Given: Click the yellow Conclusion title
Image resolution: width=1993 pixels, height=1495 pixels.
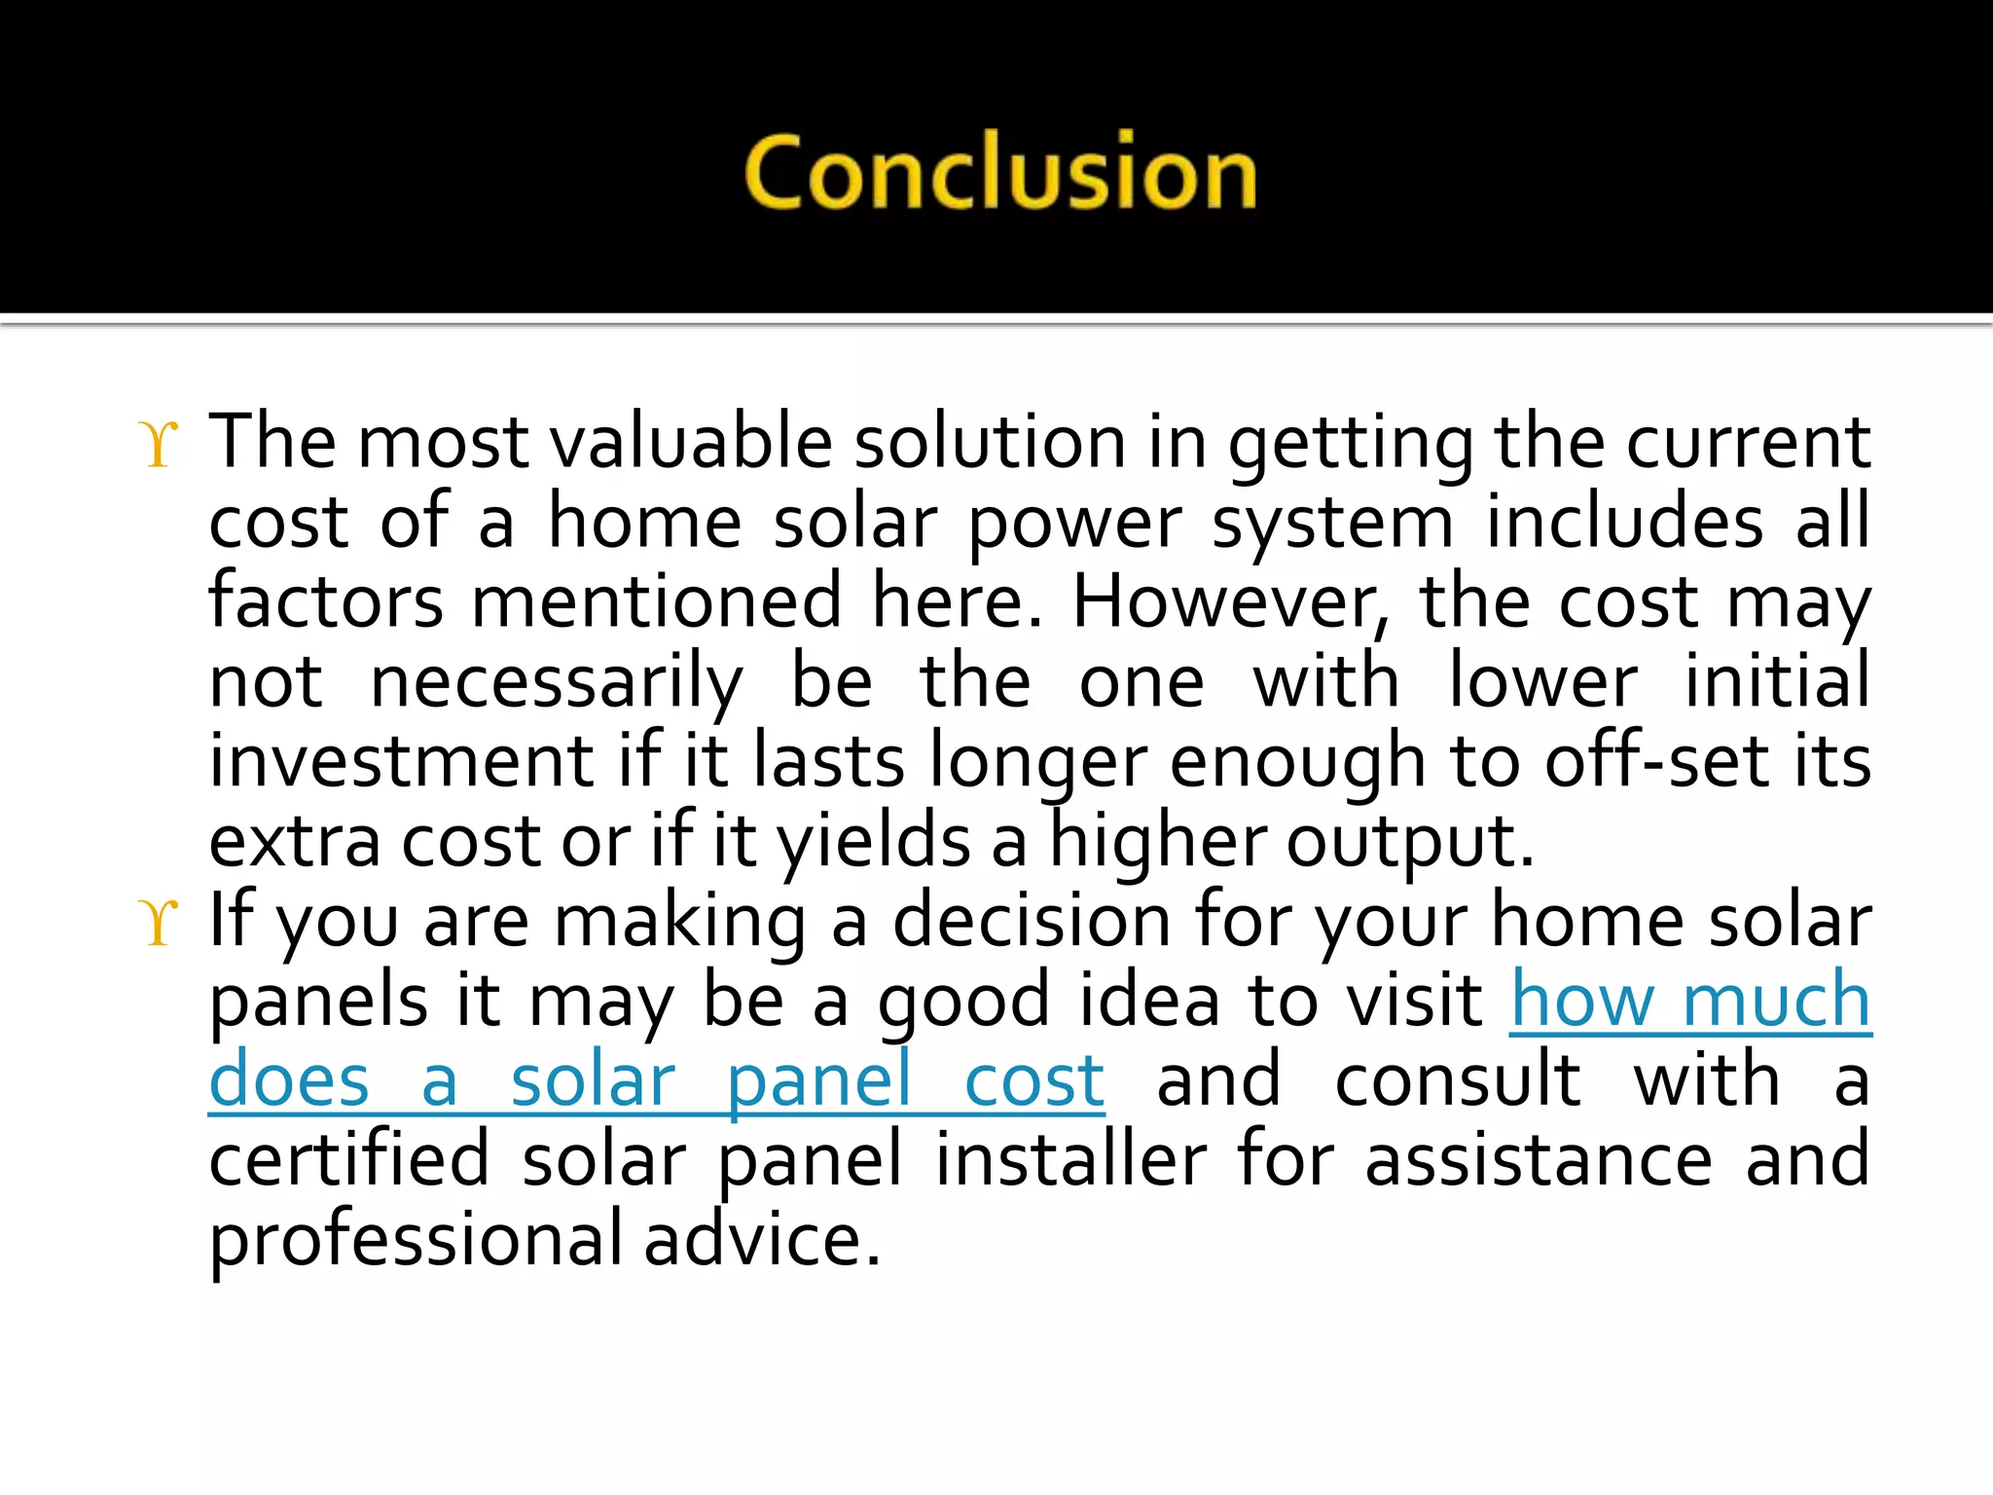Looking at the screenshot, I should coord(1000,173).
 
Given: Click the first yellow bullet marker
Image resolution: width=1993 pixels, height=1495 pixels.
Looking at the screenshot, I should coord(160,445).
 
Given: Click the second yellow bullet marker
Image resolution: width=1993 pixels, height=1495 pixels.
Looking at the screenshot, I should coord(160,922).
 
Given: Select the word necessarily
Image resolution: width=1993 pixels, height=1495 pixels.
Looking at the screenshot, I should coord(557,683).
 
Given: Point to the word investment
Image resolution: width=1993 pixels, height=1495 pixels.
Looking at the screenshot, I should coord(401,762).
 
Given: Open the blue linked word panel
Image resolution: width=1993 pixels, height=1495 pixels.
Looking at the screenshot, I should coord(818,1082).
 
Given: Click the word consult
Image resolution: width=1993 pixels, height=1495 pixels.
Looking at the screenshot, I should coord(1458,1081).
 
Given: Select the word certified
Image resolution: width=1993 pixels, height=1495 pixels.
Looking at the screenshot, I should coord(348,1160).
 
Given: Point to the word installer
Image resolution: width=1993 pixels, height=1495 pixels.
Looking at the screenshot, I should coord(1071,1160).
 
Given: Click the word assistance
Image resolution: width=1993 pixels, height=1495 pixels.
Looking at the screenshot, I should coord(1539,1160).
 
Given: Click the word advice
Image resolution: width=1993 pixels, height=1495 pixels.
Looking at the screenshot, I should coord(762,1240).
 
